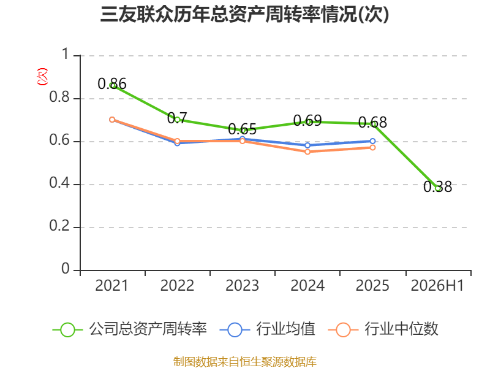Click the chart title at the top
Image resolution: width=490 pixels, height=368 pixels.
[x=244, y=14]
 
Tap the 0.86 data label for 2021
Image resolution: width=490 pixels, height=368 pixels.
[x=112, y=84]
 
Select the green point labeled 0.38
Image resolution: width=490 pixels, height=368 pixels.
[x=438, y=188]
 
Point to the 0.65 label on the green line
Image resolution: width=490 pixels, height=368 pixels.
[x=242, y=129]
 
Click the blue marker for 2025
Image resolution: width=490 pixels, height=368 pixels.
[x=372, y=141]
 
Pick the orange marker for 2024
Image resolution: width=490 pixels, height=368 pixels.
[x=307, y=151]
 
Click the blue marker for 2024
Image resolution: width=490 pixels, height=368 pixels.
[x=307, y=145]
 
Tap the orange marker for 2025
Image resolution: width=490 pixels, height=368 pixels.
[x=372, y=147]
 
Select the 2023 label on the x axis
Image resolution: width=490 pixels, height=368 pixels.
[x=242, y=285]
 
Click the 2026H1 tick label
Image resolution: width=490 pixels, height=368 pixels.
[x=437, y=285]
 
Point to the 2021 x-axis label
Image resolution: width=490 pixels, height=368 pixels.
[x=111, y=285]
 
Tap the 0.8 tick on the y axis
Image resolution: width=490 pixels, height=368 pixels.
[x=59, y=97]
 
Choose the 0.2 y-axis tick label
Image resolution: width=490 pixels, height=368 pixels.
[x=59, y=226]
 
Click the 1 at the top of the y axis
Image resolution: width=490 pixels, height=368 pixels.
[x=66, y=54]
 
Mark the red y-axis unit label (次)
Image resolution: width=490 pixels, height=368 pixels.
[x=42, y=77]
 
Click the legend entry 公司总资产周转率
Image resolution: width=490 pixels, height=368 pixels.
[x=130, y=329]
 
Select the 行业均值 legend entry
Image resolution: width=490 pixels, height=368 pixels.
[x=268, y=329]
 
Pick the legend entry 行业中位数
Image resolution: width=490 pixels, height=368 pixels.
[x=383, y=329]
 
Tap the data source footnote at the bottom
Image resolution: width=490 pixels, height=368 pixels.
[x=245, y=362]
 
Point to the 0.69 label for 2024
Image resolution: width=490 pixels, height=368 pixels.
[x=307, y=120]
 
